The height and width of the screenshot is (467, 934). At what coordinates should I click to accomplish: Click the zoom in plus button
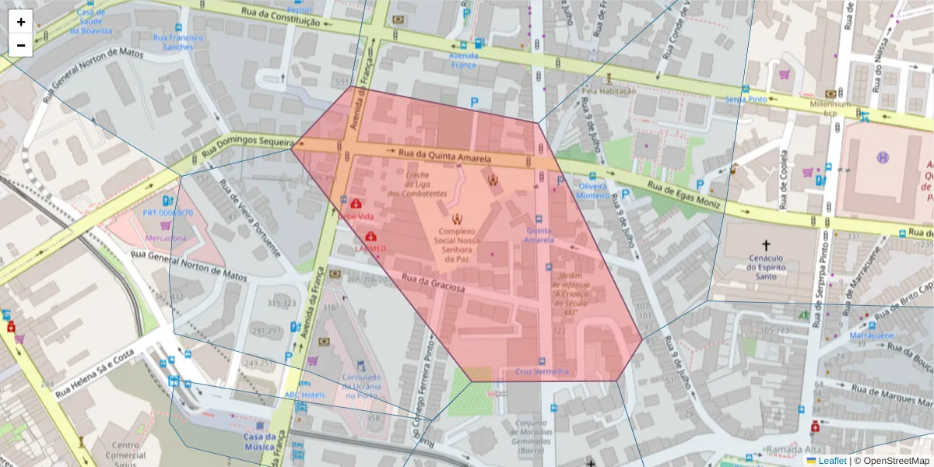coord(21,22)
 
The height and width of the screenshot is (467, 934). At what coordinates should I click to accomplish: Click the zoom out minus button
coord(21,45)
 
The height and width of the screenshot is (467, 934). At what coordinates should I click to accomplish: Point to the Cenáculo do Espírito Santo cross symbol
coord(766,244)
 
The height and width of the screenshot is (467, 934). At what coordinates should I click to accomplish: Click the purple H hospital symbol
coord(883,157)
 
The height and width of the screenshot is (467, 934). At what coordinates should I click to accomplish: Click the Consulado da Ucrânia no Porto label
coord(361,386)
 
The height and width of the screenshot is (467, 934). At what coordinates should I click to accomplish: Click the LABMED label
coord(370,248)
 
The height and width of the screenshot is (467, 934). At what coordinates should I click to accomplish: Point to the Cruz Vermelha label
coord(542,371)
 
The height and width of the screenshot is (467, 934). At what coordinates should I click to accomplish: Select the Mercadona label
coord(164,237)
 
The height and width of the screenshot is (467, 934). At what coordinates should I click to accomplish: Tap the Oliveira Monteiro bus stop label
coord(593,191)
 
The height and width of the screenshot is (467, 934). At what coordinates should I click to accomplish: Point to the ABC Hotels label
coord(304,395)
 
